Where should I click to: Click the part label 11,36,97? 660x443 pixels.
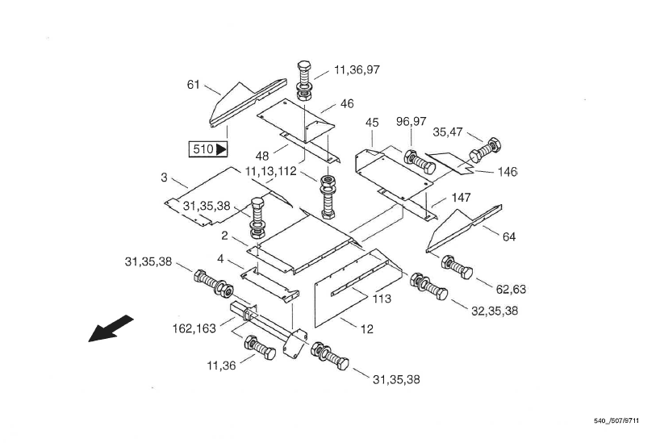click(x=356, y=70)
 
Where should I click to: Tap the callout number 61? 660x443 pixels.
click(x=194, y=84)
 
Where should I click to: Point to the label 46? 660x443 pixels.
click(x=347, y=104)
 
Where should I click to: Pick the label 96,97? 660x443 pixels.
click(x=411, y=121)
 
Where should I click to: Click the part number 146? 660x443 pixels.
click(x=508, y=172)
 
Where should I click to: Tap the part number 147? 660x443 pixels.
click(x=461, y=197)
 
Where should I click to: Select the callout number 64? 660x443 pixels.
click(x=508, y=236)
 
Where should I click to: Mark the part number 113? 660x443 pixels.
click(x=382, y=299)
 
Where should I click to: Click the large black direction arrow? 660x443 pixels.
click(x=111, y=328)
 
